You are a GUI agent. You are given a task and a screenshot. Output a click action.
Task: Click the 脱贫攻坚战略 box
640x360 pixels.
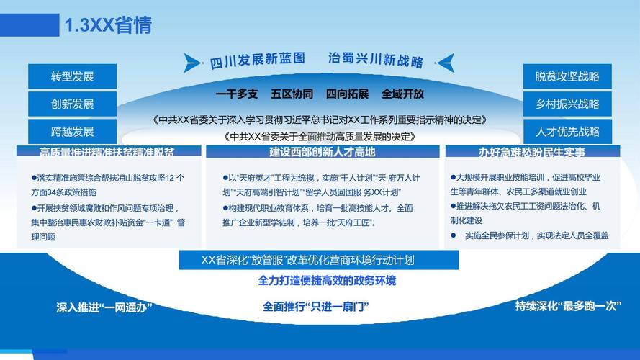[567, 76]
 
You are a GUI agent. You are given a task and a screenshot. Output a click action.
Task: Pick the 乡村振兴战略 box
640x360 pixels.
[567, 104]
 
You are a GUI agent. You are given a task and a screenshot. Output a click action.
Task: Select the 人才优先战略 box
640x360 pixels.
[567, 132]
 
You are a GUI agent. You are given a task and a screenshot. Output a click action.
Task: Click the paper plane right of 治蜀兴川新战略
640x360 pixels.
[446, 61]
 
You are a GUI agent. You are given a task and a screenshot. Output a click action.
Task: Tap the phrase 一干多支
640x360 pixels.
[237, 94]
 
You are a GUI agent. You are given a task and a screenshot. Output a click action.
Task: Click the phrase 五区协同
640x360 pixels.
[292, 94]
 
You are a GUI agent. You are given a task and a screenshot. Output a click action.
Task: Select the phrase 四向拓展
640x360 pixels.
[347, 94]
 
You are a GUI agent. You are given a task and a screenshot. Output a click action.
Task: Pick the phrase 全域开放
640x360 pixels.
[402, 94]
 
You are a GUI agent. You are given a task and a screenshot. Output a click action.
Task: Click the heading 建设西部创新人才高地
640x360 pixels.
[323, 152]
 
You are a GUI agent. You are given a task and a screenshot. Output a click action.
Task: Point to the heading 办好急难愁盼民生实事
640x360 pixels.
[532, 152]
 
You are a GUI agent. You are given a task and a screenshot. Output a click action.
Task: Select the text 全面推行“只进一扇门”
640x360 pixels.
[316, 307]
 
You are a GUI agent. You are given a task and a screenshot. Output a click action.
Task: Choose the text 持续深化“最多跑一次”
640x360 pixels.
[568, 305]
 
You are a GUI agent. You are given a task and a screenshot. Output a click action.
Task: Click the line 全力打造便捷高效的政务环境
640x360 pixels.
[327, 281]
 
